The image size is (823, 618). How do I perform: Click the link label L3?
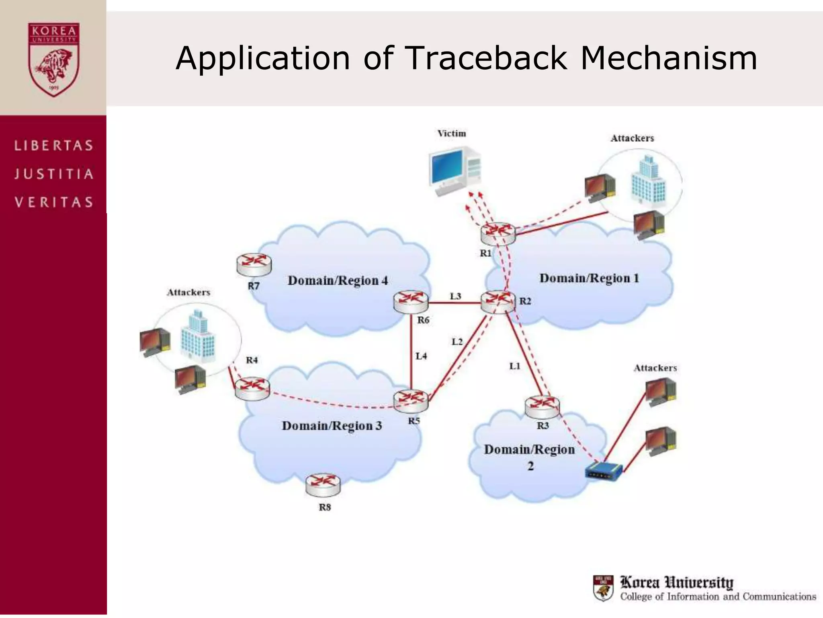[x=455, y=297]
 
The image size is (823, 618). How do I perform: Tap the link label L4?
[x=421, y=356]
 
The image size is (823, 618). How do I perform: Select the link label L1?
[x=515, y=366]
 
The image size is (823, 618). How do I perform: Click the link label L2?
[x=457, y=342]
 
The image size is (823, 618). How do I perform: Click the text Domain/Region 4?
[x=338, y=280]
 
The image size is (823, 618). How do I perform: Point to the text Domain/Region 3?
[x=332, y=426]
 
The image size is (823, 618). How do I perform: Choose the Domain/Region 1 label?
[x=589, y=278]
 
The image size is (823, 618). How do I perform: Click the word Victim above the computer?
[x=452, y=134]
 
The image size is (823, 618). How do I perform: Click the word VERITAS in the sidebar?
[x=54, y=202]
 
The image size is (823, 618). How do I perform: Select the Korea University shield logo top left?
[x=53, y=60]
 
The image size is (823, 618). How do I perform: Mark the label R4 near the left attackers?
[x=252, y=360]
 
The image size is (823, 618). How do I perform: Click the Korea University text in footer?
[x=677, y=582]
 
